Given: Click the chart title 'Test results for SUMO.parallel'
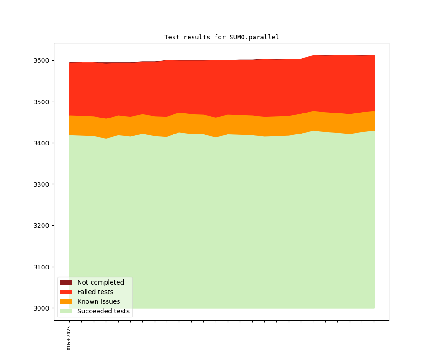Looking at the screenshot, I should click(x=221, y=37).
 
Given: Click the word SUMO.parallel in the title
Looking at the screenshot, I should click(x=254, y=37).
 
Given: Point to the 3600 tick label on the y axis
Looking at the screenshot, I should click(x=42, y=60).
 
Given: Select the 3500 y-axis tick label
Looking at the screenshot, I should click(x=42, y=102).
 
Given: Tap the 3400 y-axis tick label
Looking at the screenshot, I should click(x=42, y=143).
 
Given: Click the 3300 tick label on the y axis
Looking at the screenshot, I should click(x=42, y=184).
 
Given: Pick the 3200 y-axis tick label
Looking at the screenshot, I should click(x=42, y=226).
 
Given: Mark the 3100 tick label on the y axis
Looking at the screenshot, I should click(x=42, y=267).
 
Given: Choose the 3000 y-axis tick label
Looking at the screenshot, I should click(x=42, y=308).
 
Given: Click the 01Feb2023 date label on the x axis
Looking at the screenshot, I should click(x=69, y=338).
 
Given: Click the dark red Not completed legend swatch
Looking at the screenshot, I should click(x=66, y=282).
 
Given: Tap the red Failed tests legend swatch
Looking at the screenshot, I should click(x=66, y=292).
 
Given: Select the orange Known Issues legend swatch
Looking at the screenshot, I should click(x=66, y=301).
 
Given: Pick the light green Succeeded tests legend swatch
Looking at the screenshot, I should click(x=66, y=311).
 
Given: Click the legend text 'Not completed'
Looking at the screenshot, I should click(x=101, y=282).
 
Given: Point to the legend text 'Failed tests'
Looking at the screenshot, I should click(x=95, y=292).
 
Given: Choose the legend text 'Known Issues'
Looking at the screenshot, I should click(x=98, y=301).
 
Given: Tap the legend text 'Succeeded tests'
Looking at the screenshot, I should click(x=103, y=311).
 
